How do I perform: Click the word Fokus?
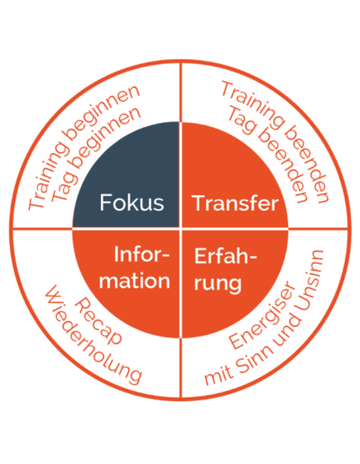131,202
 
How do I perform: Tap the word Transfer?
237,203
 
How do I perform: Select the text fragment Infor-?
141,254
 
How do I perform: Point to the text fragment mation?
134,281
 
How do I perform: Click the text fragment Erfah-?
225,255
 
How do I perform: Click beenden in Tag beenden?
283,168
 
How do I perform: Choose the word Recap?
98,322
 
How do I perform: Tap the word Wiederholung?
93,335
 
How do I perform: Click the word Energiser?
262,316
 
